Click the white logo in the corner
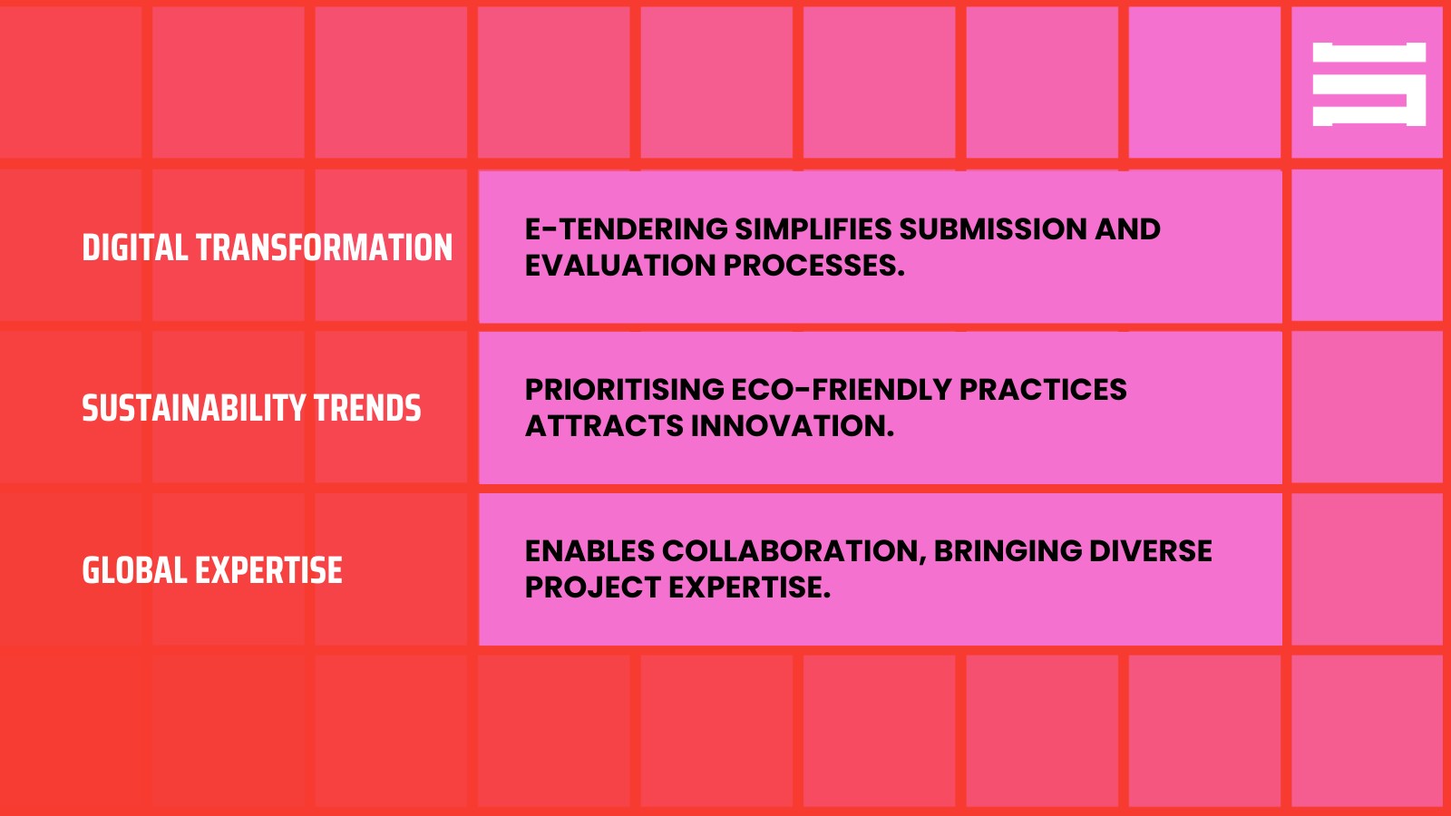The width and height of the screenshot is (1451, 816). tap(1368, 84)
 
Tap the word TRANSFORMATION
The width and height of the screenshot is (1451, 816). tap(324, 248)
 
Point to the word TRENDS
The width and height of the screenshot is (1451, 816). tap(367, 409)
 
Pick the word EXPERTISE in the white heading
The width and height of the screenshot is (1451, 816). tap(268, 570)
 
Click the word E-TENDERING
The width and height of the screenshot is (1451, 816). tap(626, 229)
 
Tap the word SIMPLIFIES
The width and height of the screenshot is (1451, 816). tap(813, 229)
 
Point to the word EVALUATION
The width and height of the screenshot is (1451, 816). tap(620, 266)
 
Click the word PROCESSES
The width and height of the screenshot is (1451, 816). tap(813, 266)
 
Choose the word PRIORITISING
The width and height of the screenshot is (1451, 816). tap(625, 390)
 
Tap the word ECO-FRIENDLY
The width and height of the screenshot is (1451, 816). tap(842, 390)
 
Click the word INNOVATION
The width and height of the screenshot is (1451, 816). tap(793, 426)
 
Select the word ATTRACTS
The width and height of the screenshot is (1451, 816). tap(604, 426)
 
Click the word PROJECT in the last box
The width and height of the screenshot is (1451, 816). tap(593, 588)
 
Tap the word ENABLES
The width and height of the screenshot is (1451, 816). tap(589, 551)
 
